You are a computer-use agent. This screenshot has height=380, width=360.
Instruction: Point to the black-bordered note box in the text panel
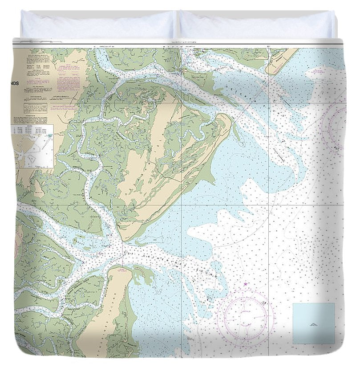(36, 108)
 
